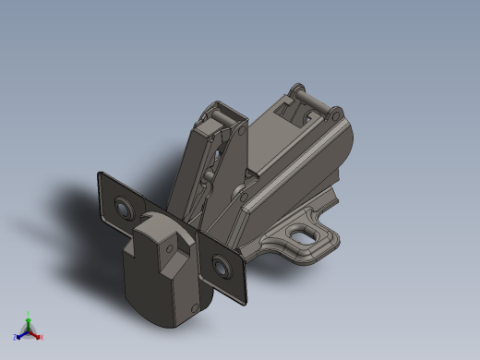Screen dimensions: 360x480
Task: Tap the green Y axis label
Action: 29,314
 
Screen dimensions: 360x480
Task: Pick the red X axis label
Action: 41,337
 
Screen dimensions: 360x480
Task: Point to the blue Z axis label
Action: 16,337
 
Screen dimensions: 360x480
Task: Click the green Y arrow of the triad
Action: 29,322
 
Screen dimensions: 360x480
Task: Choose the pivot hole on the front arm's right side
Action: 241,135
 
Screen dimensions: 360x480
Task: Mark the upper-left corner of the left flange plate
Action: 99,174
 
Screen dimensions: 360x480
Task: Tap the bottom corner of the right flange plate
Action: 244,302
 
